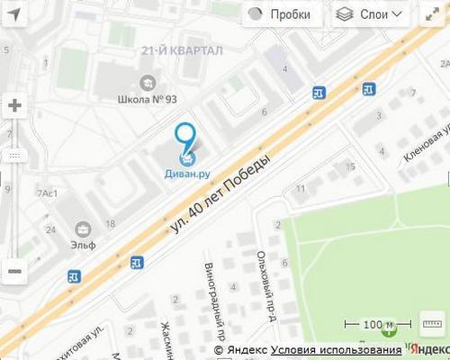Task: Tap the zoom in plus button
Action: (14, 105)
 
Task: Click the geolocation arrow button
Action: (14, 14)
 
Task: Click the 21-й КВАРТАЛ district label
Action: (182, 52)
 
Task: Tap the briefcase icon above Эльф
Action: (85, 227)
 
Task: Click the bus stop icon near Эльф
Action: (136, 262)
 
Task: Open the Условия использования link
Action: (336, 350)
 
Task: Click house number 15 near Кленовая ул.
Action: (350, 166)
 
